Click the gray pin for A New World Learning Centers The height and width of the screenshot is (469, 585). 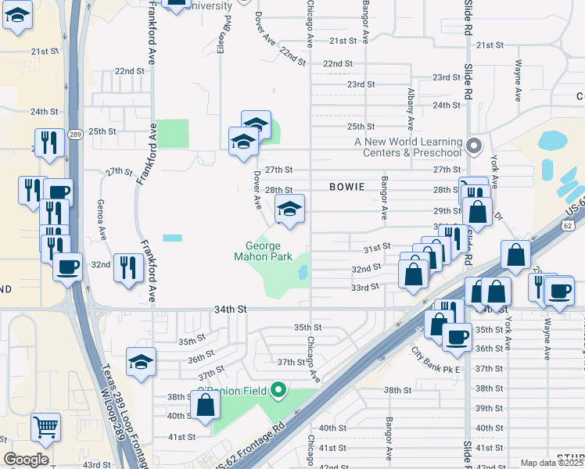(x=473, y=146)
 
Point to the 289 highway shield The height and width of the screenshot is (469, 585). (x=74, y=134)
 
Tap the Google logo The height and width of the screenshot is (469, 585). (x=26, y=460)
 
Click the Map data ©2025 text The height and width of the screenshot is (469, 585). (x=551, y=463)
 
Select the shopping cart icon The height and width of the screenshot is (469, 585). (x=46, y=427)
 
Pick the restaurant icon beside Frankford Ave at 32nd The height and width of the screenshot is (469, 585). (x=125, y=267)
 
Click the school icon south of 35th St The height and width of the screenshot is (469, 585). (x=142, y=362)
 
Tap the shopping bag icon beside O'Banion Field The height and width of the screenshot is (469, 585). (x=206, y=406)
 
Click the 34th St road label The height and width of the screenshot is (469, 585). (x=230, y=310)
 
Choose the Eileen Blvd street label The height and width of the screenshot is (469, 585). (x=228, y=31)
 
